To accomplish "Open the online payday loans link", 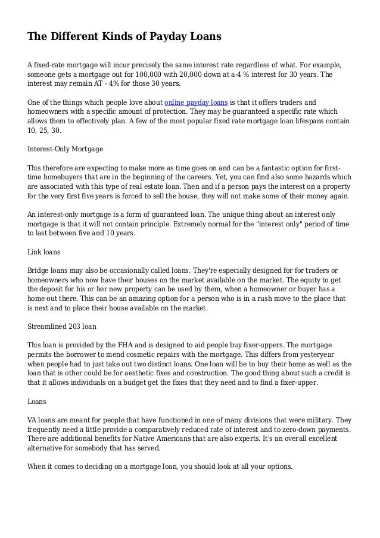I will [195, 102].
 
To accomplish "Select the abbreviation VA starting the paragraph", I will [33, 419].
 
